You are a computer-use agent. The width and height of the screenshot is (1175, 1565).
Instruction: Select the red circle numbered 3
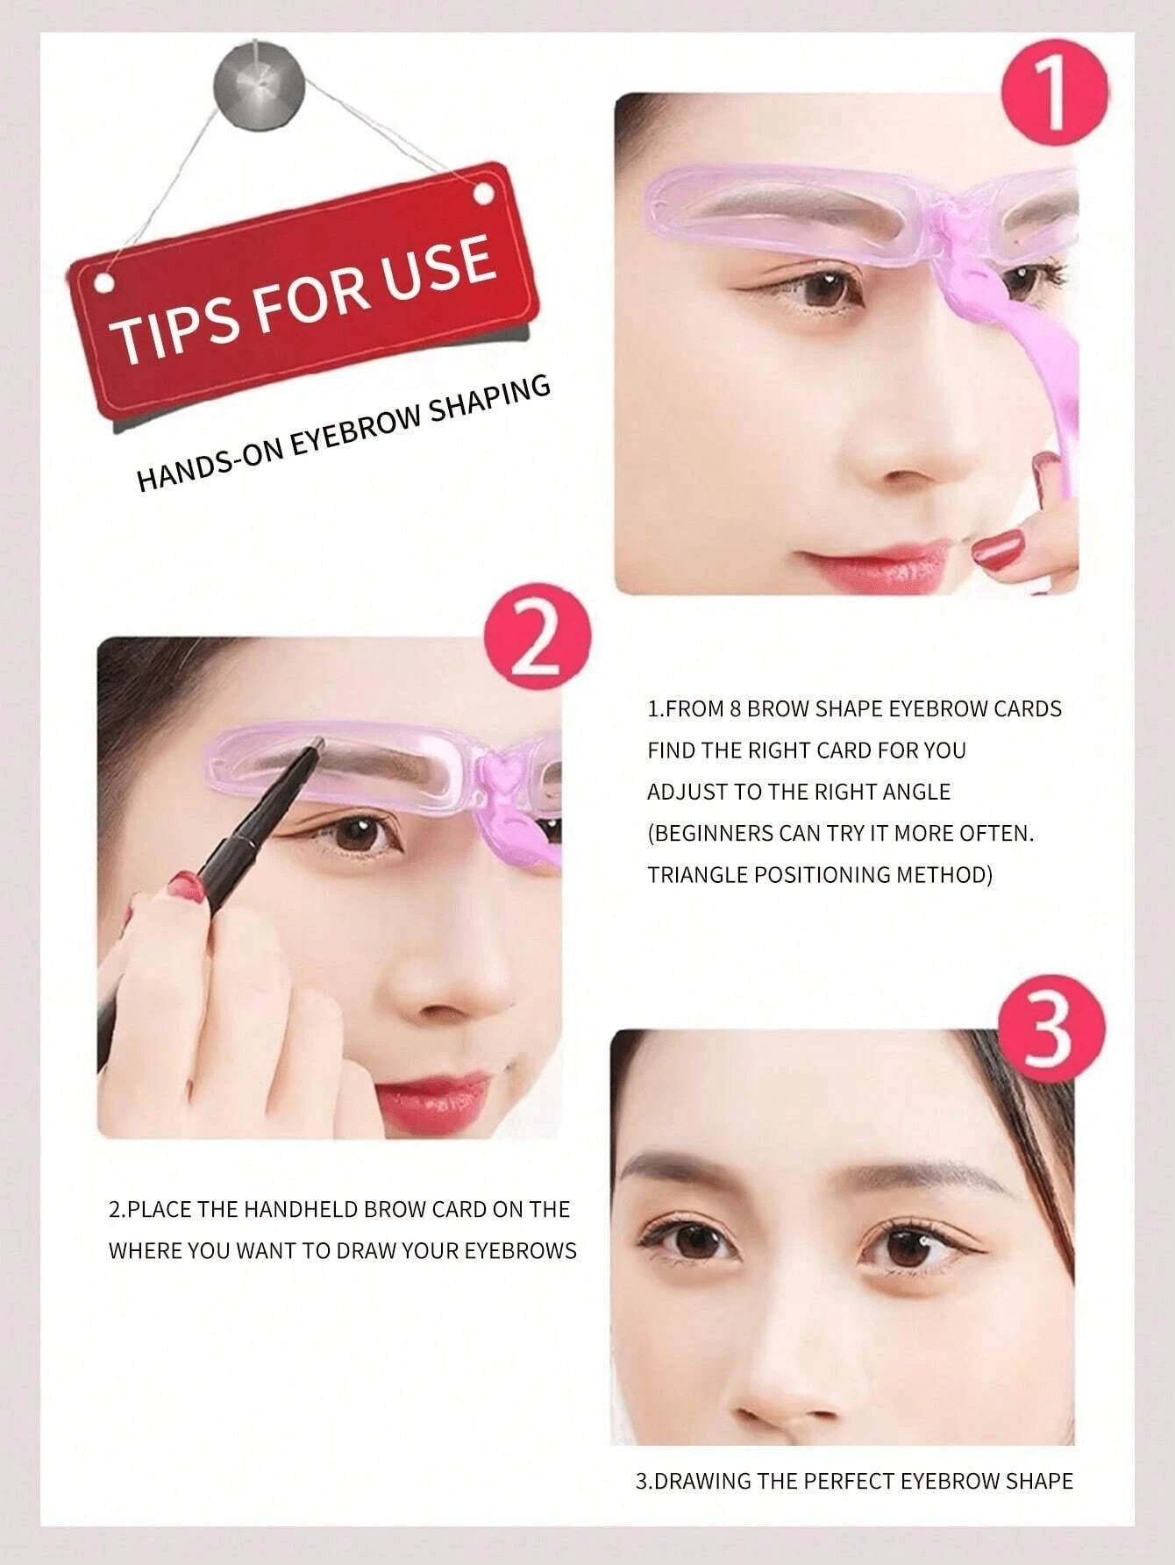(1052, 1031)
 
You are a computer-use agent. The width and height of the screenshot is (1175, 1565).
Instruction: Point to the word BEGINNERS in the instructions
(711, 833)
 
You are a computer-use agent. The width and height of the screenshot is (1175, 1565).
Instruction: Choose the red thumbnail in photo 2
(184, 884)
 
